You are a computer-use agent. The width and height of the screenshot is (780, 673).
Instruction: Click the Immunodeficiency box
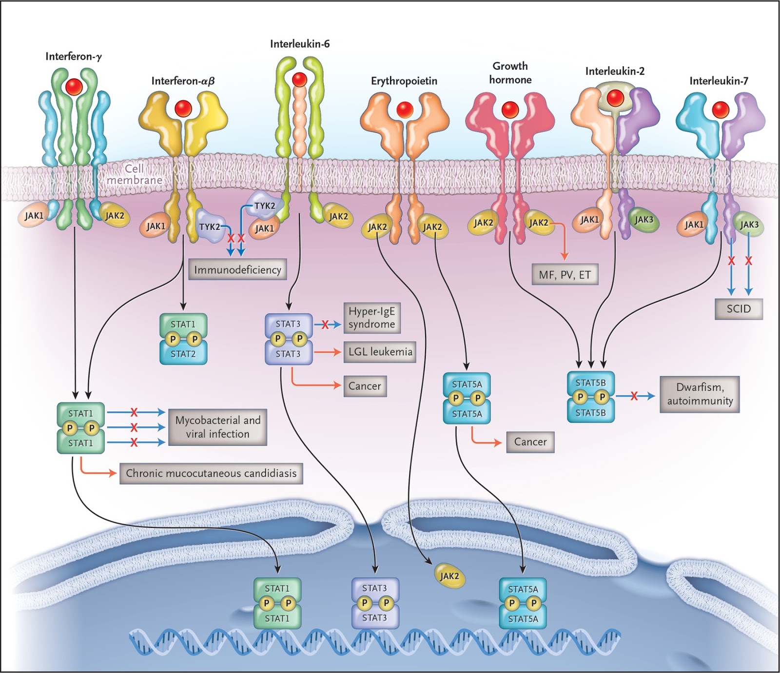(237, 269)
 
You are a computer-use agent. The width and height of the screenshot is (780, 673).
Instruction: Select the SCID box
(738, 308)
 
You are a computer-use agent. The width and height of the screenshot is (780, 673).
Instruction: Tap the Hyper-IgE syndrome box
(372, 318)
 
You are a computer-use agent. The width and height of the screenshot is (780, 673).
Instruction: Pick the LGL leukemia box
(380, 352)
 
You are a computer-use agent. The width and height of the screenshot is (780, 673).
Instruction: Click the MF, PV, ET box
(565, 275)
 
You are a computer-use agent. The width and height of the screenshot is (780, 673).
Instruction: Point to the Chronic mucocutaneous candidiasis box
(211, 473)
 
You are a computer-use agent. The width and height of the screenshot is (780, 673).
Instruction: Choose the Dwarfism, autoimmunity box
(700, 394)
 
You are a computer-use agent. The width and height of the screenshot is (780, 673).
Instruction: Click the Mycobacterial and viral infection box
(217, 427)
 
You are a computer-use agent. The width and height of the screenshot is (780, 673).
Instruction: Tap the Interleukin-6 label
(300, 44)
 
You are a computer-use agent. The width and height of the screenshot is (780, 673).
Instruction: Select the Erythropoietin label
(404, 81)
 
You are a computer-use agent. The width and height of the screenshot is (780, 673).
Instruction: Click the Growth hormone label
(510, 73)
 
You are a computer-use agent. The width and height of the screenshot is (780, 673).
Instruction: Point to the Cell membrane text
(134, 174)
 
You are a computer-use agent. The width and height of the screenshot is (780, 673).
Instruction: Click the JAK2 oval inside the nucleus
(449, 576)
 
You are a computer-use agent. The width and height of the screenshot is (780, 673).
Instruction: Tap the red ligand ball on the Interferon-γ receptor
(74, 86)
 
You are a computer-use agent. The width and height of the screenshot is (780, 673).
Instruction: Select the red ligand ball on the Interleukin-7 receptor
(721, 110)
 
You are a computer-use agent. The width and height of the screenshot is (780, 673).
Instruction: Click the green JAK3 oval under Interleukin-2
(643, 220)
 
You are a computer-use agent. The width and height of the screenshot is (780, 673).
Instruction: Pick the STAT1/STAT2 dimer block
(183, 339)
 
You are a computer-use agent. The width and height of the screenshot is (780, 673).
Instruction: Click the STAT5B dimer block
(590, 397)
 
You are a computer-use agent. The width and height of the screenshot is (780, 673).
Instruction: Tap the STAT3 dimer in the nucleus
(375, 603)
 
